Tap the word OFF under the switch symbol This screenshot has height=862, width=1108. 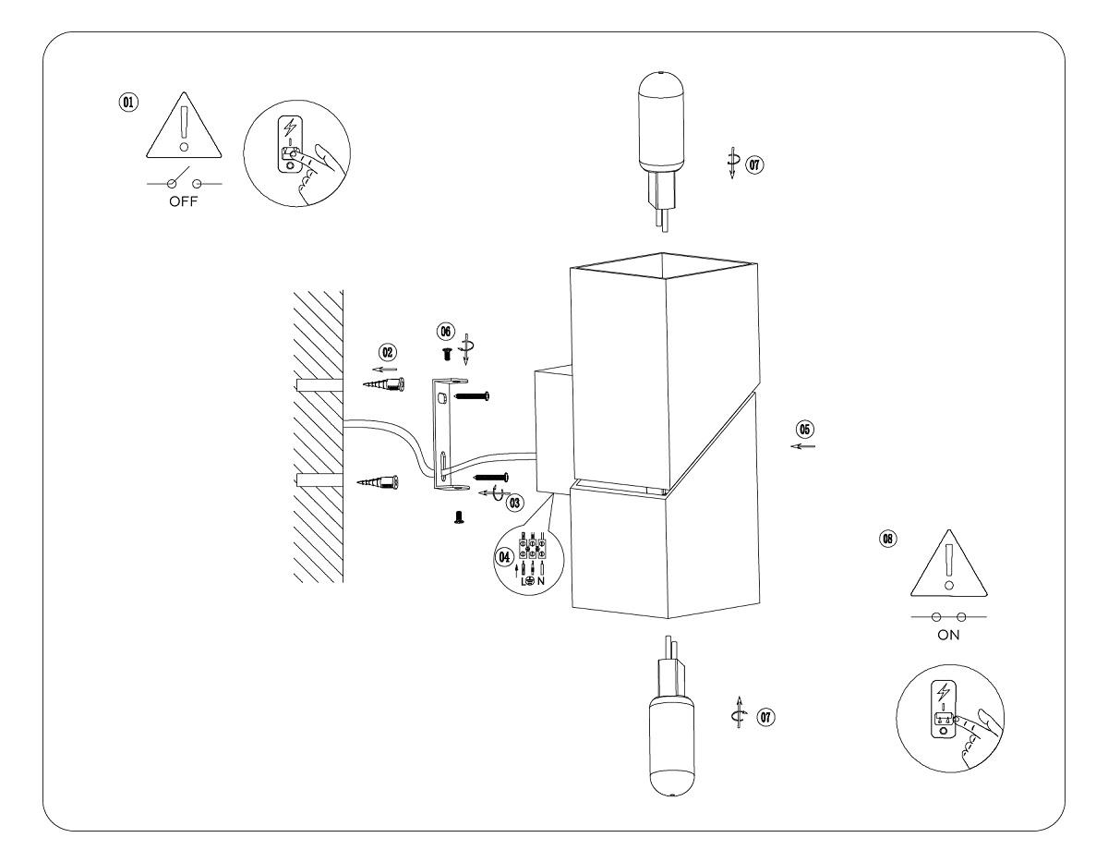click(x=185, y=203)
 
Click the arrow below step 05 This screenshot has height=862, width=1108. click(x=803, y=446)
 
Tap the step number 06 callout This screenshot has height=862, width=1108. click(x=446, y=330)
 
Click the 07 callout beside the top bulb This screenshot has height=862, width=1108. click(x=757, y=165)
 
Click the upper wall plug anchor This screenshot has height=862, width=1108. click(x=382, y=382)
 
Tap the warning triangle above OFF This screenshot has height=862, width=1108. click(x=185, y=129)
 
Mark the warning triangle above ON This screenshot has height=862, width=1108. click(x=947, y=569)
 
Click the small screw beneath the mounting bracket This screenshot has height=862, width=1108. click(x=457, y=520)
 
